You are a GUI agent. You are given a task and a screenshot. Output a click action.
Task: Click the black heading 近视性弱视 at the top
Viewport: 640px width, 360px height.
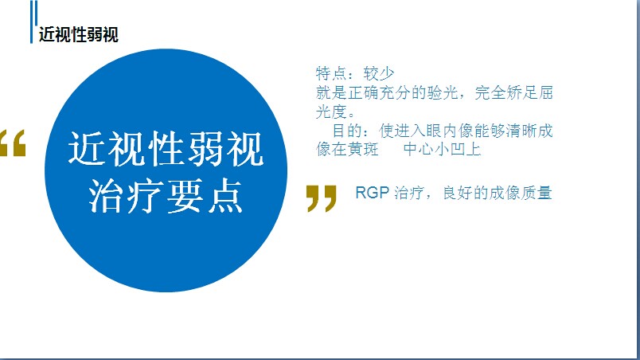point(79,35)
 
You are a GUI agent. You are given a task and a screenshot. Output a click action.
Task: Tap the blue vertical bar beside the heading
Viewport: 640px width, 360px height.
point(32,22)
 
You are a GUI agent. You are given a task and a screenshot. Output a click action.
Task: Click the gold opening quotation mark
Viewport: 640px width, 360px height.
point(13,143)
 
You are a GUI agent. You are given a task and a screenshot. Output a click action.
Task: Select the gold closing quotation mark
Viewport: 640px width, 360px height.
point(322,198)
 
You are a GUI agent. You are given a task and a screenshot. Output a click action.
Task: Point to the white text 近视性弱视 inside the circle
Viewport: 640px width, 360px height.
point(166,149)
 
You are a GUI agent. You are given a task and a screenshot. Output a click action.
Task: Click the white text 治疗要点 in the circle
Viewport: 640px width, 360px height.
point(166,196)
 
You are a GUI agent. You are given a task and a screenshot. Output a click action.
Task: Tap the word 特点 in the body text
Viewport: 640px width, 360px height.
point(331,73)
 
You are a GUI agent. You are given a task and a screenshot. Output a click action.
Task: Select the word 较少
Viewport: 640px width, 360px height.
point(379,73)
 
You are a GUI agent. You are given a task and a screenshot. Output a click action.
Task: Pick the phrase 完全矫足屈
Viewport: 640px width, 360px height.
point(513,92)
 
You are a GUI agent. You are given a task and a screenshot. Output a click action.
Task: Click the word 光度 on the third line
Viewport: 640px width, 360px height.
point(331,112)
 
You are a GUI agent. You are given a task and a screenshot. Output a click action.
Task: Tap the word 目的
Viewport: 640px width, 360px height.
point(347,131)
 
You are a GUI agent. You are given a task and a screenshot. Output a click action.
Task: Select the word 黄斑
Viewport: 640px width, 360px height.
point(363,149)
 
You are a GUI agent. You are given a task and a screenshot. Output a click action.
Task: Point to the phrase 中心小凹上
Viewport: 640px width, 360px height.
point(442,149)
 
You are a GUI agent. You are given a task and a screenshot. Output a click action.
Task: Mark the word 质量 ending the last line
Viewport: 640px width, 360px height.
point(537,193)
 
